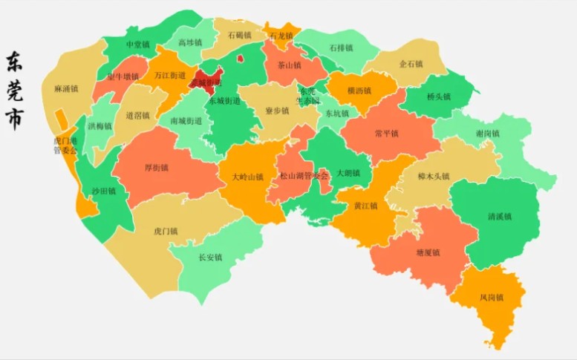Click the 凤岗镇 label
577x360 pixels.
point(491,298)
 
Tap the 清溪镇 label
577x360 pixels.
point(500,217)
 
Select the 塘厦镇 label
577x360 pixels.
point(428,252)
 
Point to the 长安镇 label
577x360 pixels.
point(210,258)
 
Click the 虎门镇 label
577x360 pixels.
point(166,232)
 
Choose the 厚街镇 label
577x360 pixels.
point(157,168)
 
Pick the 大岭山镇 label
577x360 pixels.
point(247,177)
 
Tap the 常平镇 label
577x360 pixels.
point(386,134)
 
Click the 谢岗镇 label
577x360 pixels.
point(488,134)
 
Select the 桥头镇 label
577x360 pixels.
point(438,96)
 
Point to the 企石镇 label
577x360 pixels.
point(411,65)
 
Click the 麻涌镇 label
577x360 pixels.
point(66,89)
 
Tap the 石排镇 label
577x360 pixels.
point(340,48)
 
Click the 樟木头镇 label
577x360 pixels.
point(434,177)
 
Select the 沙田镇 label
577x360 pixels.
point(103,191)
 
